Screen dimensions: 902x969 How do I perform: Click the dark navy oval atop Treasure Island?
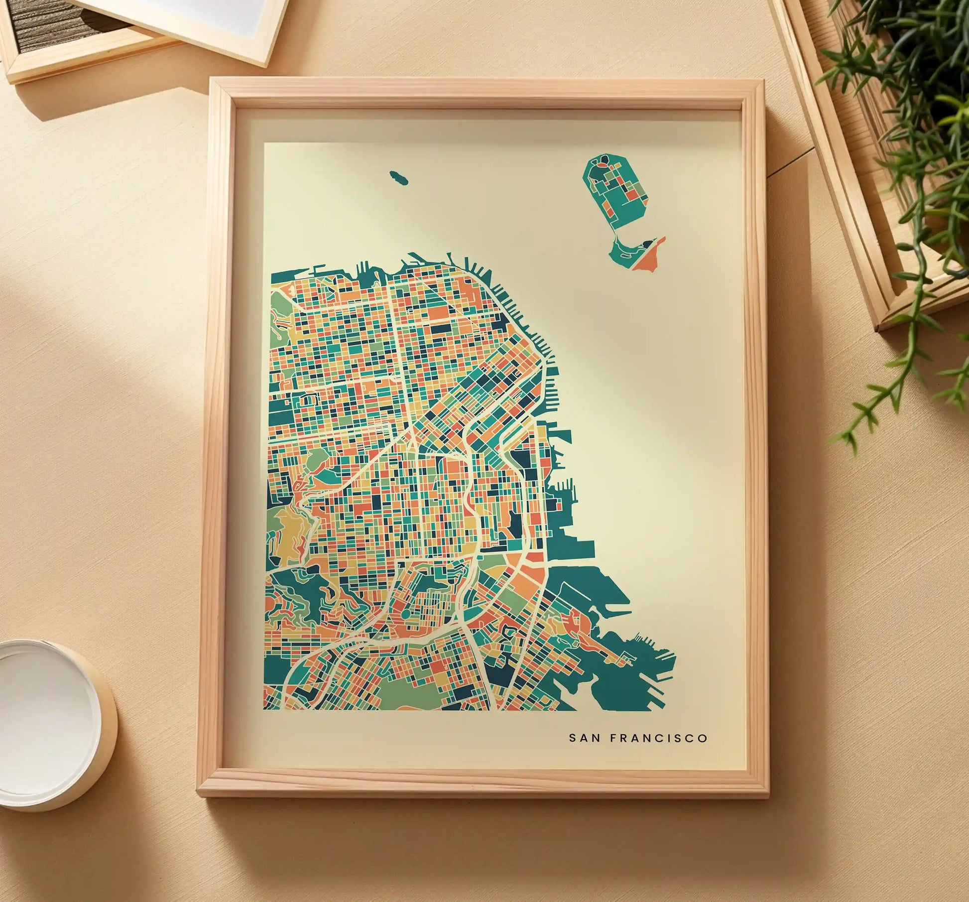click(604, 160)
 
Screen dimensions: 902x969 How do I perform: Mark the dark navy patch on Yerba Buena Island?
click(647, 243)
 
